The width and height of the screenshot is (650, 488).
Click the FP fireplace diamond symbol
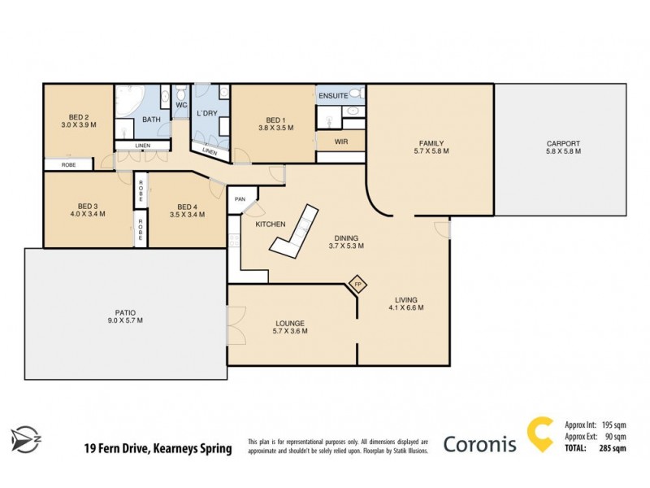click(357, 285)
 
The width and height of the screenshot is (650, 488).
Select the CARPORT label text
click(563, 144)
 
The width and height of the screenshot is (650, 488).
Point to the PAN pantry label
click(240, 198)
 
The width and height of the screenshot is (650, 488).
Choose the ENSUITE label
click(333, 96)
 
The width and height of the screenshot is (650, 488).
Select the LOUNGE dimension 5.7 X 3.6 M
click(289, 332)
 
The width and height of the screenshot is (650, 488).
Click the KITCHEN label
click(270, 224)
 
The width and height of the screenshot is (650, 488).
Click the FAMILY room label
click(431, 144)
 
